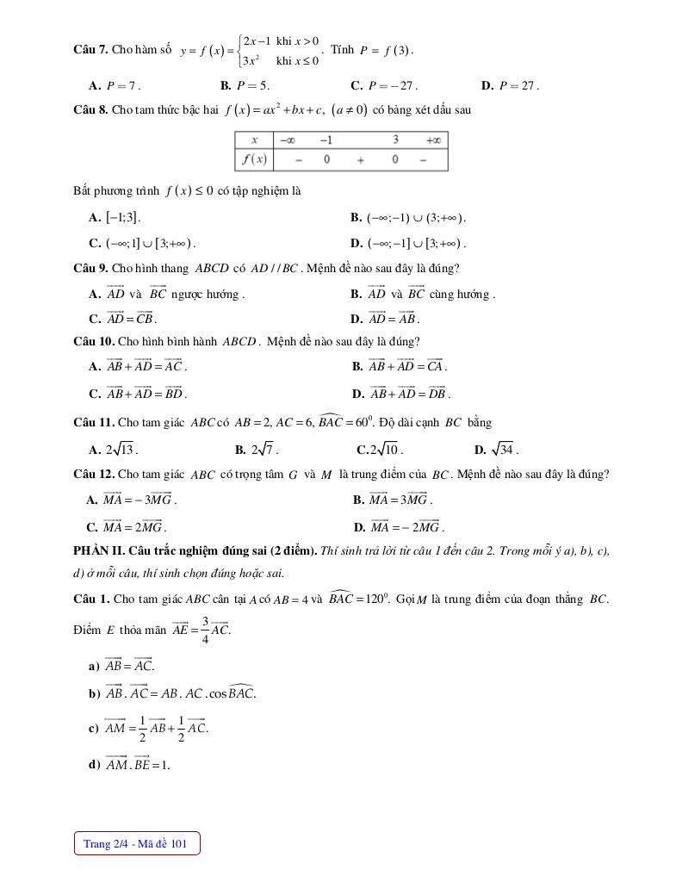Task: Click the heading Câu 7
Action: pos(90,50)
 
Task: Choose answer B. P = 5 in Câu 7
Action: pos(245,85)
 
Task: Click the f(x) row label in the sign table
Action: pos(254,159)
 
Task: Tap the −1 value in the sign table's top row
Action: pos(326,140)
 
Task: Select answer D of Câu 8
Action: pos(408,243)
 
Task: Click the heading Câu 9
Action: pos(90,268)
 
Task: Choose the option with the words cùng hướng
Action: pos(423,294)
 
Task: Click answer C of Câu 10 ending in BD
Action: pos(138,394)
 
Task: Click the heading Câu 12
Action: pos(94,474)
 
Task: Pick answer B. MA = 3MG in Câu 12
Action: pos(393,500)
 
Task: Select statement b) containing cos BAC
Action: pos(172,693)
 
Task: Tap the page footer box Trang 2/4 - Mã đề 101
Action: pos(136,843)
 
